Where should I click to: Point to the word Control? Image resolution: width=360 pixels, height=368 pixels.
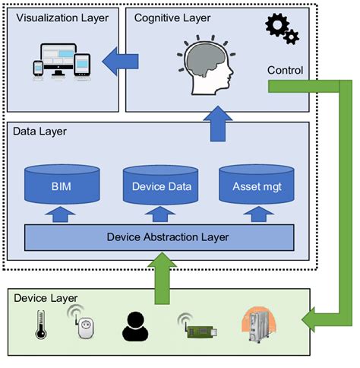coord(286,71)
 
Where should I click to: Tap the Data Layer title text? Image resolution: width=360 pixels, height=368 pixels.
coord(39,132)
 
